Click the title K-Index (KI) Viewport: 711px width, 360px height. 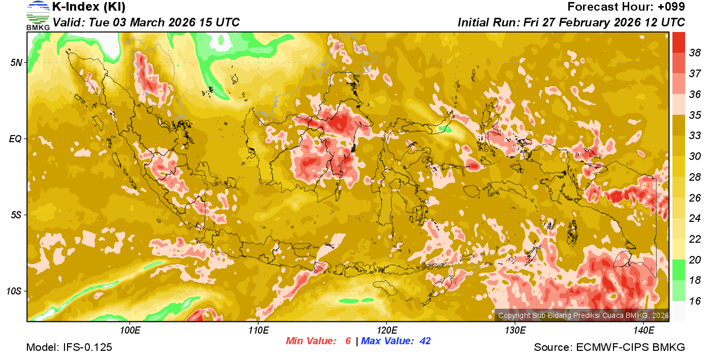click(x=89, y=7)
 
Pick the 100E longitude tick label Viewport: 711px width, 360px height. click(x=130, y=331)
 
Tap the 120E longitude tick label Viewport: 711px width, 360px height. click(x=386, y=331)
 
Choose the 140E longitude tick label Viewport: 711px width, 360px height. click(x=643, y=331)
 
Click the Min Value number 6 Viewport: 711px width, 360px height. click(x=348, y=341)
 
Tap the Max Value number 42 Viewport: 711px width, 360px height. click(x=425, y=341)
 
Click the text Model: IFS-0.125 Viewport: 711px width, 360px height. click(x=69, y=348)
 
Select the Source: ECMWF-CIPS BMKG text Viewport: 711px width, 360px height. click(x=609, y=348)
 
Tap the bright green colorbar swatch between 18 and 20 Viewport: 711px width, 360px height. click(x=678, y=270)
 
